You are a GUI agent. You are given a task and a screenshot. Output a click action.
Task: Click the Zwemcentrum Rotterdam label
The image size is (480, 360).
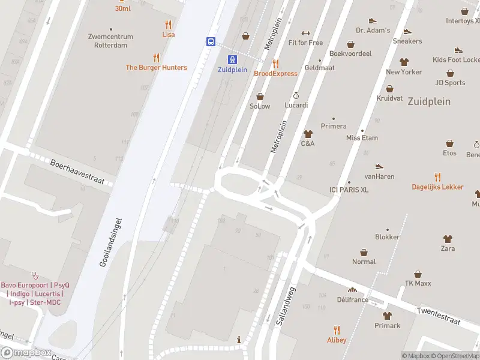coord(110,41)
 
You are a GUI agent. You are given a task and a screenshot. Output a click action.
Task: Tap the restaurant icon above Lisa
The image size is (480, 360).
coord(168,25)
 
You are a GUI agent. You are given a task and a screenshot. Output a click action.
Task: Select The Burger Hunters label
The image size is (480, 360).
coord(156,68)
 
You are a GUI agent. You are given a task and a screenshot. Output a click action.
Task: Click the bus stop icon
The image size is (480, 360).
coord(211,41)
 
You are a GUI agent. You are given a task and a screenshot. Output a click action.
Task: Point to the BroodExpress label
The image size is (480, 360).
coord(275,74)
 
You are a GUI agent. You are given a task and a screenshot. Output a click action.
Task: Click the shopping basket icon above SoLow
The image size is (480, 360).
coord(260,96)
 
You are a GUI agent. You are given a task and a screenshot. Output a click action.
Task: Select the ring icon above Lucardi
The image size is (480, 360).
coord(296,95)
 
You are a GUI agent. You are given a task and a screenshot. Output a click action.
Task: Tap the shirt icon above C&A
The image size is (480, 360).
coord(308,134)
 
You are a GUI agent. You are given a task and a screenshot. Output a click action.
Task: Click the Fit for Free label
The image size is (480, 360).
coord(305,43)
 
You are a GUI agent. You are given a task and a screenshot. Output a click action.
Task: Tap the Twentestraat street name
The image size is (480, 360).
coord(439,317)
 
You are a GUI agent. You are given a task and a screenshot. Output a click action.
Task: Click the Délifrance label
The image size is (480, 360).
coord(352,299)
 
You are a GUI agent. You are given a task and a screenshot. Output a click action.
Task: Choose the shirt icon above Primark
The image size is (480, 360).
coord(387,316)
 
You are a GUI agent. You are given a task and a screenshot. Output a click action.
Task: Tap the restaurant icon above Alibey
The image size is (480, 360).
coord(336,330)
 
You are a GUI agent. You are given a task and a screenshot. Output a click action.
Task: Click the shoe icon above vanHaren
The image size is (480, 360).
coord(379,167)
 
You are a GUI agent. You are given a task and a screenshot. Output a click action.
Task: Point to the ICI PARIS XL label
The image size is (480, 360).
coord(349,190)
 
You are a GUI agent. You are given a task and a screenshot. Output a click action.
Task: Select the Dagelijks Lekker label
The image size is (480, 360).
coord(437,187)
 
